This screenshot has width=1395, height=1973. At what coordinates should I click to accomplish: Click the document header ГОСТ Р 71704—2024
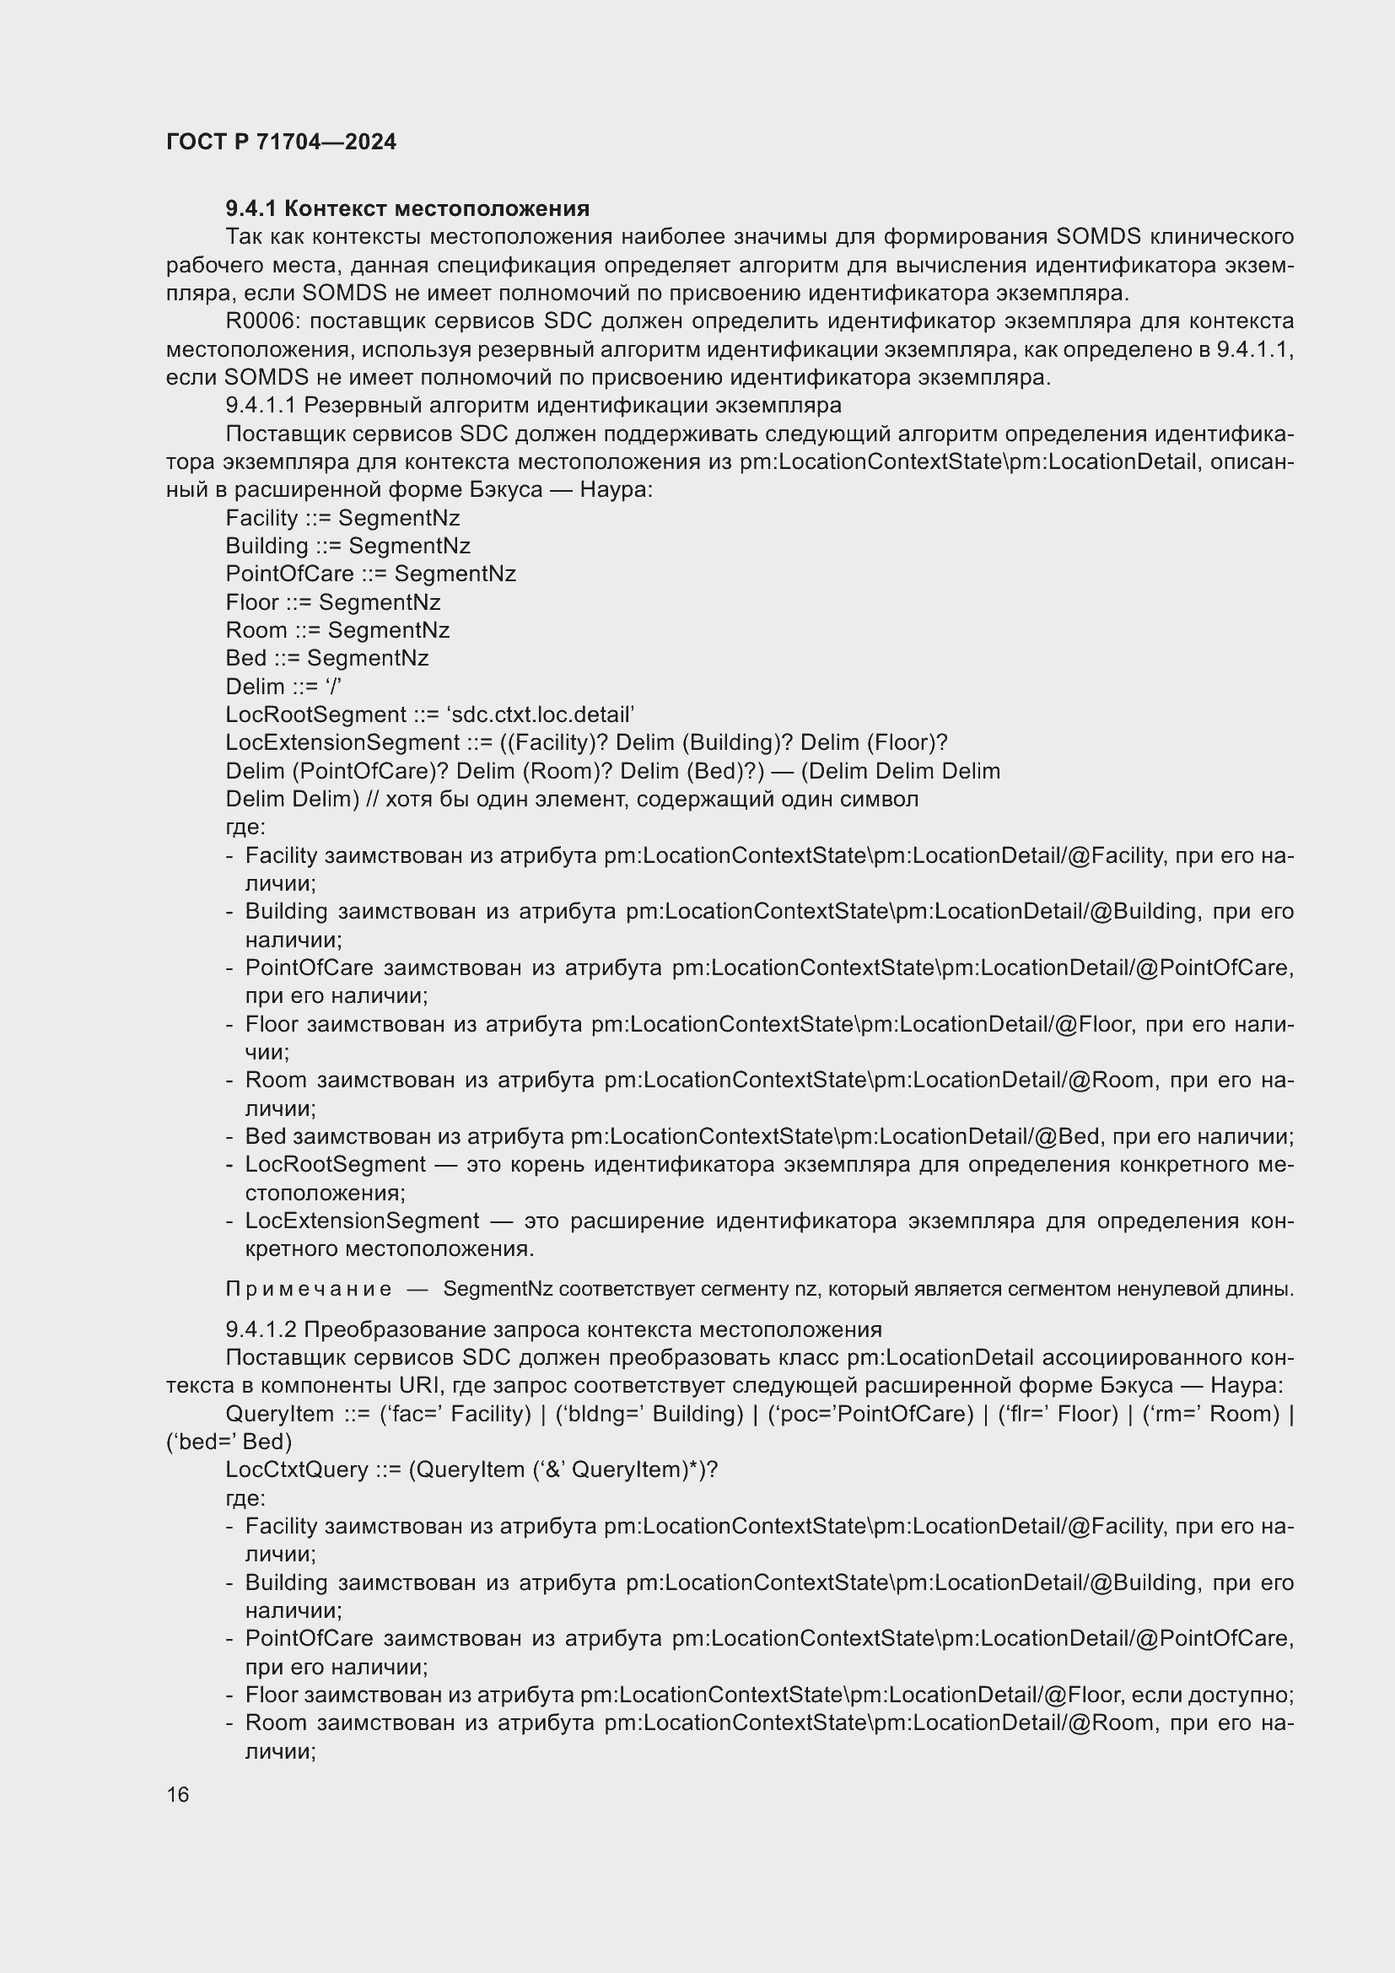(x=281, y=142)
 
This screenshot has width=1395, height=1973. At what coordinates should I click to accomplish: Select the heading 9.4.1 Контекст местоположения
(x=407, y=208)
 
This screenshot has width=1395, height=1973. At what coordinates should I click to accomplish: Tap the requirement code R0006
(x=263, y=321)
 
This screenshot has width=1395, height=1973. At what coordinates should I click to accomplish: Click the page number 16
(x=178, y=1794)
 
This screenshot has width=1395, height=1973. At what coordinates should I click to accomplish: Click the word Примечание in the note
(x=309, y=1289)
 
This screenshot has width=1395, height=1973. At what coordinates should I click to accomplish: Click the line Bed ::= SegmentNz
(x=326, y=658)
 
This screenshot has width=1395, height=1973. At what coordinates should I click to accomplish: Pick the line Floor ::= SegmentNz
(x=332, y=602)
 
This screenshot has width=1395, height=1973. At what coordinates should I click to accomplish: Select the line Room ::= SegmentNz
(x=337, y=630)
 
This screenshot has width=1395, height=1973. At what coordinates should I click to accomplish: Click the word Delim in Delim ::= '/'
(x=254, y=687)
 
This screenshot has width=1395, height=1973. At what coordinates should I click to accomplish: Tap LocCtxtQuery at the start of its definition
(x=296, y=1469)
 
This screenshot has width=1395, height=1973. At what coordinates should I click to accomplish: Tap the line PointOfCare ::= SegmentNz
(x=370, y=574)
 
